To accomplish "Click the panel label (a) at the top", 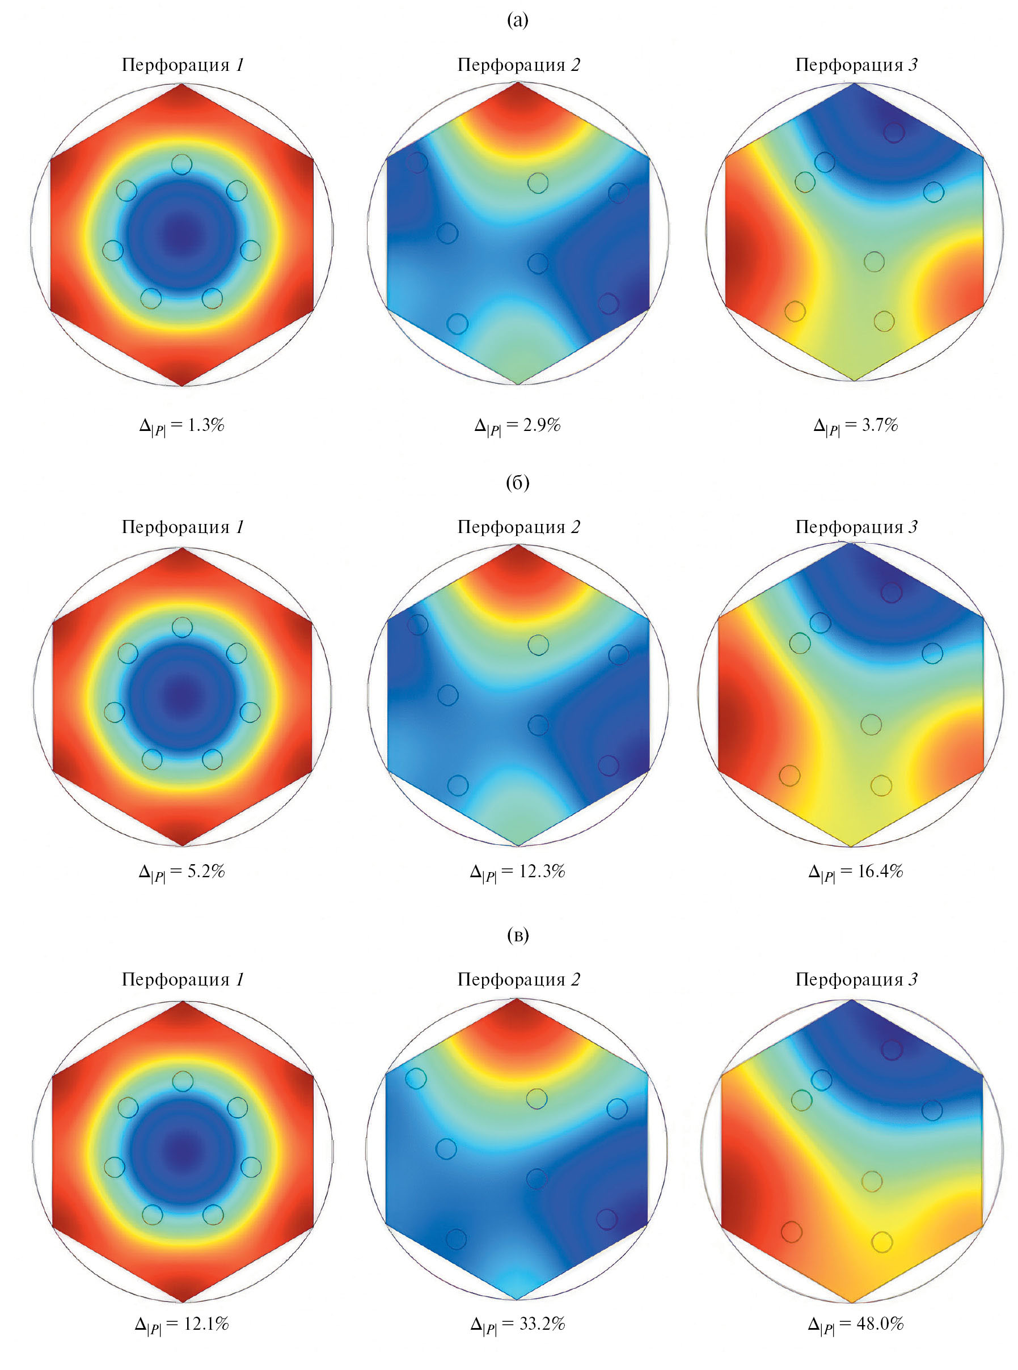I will click(x=517, y=21).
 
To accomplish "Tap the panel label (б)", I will click(x=517, y=483).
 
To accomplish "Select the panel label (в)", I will click(x=517, y=936).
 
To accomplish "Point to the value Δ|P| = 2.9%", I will click(x=517, y=426).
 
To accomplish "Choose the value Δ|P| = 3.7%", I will click(x=855, y=426).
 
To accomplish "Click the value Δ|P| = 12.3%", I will click(x=517, y=872).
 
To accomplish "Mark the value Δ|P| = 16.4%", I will click(x=855, y=872).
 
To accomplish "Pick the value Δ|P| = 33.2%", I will click(x=517, y=1325).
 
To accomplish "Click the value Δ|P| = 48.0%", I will click(x=855, y=1325).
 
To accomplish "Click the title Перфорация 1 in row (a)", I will click(x=183, y=65).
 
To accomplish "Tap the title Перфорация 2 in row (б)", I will click(x=518, y=527).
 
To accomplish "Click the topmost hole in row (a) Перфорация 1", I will click(x=182, y=164).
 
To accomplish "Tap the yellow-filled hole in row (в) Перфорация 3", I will click(x=882, y=1242).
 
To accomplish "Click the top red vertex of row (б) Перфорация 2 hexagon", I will click(x=518, y=549).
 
